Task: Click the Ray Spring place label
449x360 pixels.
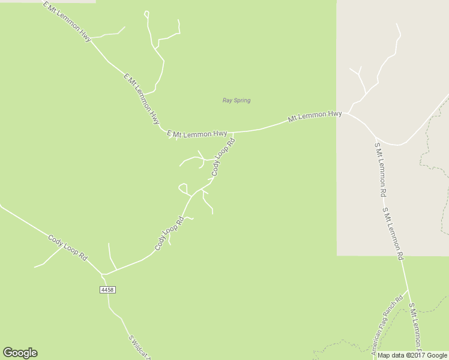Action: click(236, 100)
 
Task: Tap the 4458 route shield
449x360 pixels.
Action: click(107, 290)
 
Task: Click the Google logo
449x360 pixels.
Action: click(20, 353)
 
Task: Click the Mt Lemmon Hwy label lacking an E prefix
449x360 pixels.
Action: click(315, 115)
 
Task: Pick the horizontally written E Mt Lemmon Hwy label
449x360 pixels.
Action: click(197, 134)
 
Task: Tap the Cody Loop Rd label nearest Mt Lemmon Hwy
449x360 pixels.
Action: click(223, 157)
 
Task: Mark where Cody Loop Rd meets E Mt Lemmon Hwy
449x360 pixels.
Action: click(233, 133)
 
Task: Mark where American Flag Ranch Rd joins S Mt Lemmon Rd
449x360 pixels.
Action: click(408, 292)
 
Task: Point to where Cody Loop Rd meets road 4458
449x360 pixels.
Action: click(104, 275)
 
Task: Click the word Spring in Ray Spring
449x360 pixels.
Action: click(241, 100)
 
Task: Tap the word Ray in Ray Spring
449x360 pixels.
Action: click(227, 100)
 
